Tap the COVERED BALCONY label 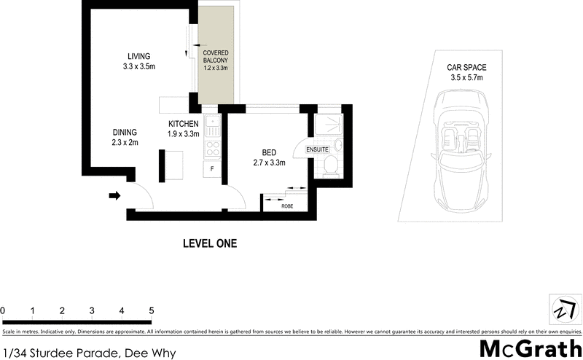click(x=216, y=58)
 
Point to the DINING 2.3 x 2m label click(x=125, y=137)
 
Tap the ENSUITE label click(x=317, y=150)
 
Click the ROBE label click(x=288, y=206)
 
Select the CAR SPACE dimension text click(x=466, y=77)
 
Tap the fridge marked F click(x=212, y=169)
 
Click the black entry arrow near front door click(x=115, y=195)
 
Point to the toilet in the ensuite click(x=330, y=164)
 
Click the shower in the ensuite click(x=329, y=125)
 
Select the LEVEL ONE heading click(x=209, y=243)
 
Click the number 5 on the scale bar click(x=151, y=310)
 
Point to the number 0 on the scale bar click(x=3, y=310)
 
